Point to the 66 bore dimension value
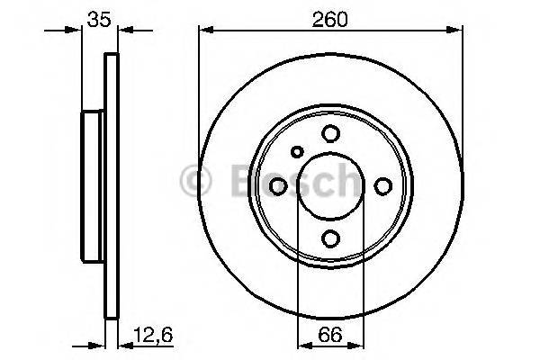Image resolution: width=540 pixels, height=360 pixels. (329, 338)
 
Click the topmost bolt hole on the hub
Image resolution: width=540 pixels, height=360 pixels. (330, 133)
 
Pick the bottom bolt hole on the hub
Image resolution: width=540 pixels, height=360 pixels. (330, 238)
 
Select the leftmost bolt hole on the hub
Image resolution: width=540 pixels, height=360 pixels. (278, 185)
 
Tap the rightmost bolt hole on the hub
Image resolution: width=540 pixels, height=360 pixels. (382, 185)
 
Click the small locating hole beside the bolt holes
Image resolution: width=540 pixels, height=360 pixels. (298, 151)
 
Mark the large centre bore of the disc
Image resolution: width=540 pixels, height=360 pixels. (330, 185)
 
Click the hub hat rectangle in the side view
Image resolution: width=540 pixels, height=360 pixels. (94, 185)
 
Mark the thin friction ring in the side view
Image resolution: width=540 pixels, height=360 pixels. (112, 185)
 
